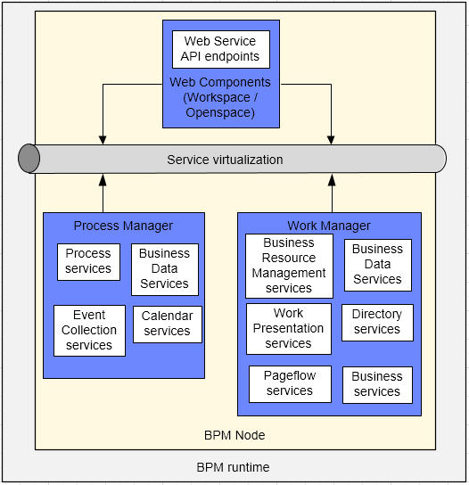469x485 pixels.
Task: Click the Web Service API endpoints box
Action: tap(221, 49)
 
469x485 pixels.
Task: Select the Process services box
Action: tap(88, 262)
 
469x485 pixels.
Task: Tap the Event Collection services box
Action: tap(89, 331)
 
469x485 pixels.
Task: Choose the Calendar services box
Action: tap(168, 325)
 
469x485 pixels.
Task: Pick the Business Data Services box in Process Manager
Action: tap(165, 269)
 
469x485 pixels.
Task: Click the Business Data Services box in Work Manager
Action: tap(378, 265)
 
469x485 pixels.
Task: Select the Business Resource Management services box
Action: tap(289, 266)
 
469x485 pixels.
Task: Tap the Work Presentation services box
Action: tap(289, 328)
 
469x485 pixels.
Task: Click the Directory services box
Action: tap(377, 323)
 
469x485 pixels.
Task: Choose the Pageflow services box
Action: tap(290, 384)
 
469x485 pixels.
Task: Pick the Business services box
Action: tap(377, 385)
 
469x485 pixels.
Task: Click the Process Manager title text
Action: tap(123, 226)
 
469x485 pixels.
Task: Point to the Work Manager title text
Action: tap(329, 226)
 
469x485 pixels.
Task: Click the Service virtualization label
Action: tap(225, 160)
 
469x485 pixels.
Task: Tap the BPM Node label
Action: tap(234, 435)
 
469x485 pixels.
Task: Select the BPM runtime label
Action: tap(233, 467)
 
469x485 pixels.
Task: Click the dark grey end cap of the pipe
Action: tap(29, 159)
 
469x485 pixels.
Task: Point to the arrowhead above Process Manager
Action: tap(103, 180)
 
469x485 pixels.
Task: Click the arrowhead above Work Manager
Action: tap(332, 180)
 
